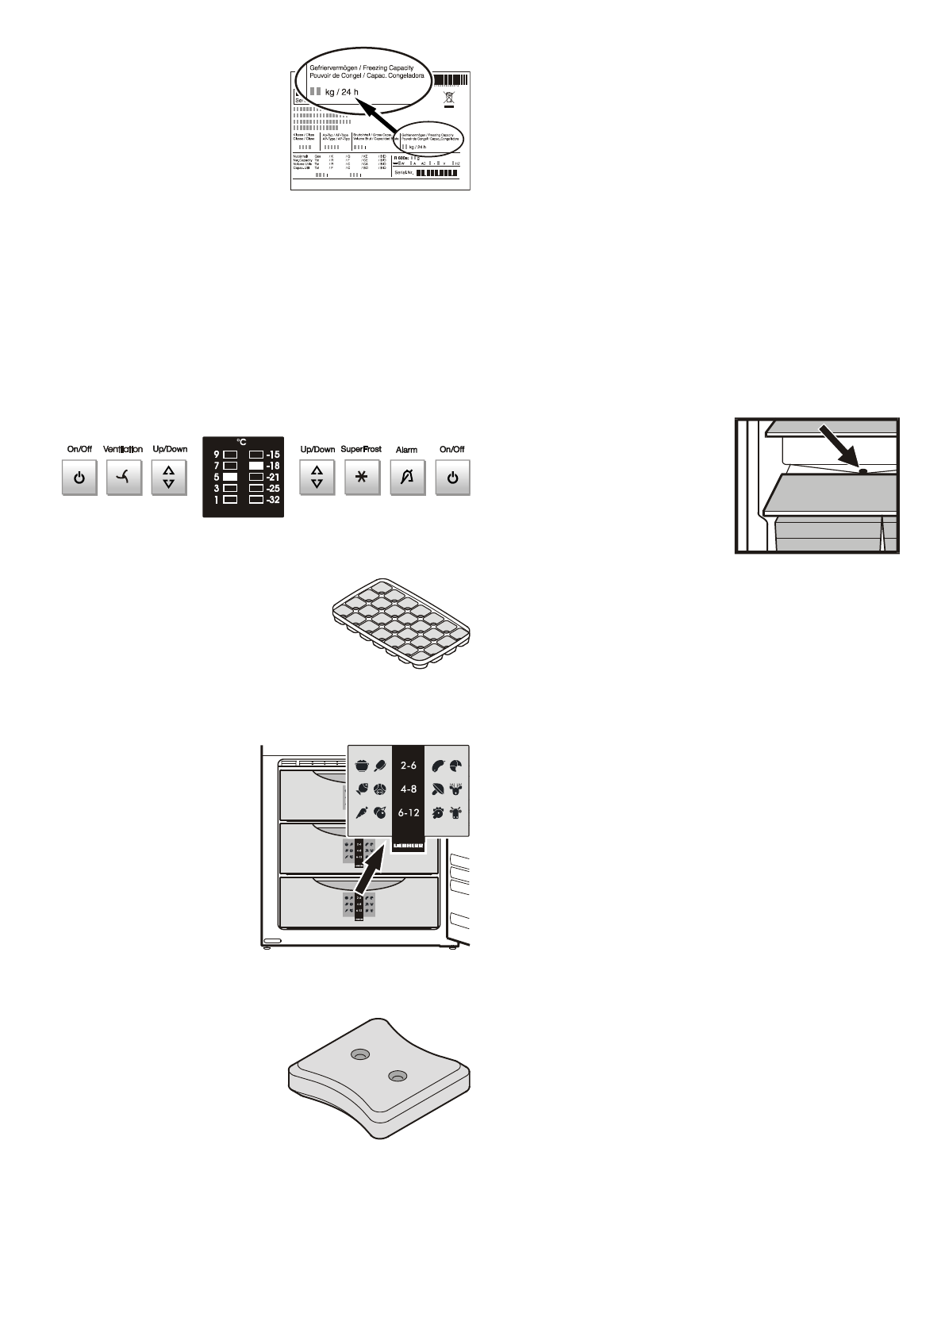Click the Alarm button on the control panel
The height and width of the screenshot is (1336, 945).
[x=407, y=478]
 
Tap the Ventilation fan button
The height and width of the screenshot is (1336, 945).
[x=124, y=478]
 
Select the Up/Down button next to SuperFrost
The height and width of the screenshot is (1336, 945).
[x=317, y=478]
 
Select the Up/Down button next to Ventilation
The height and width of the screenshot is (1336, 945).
[x=169, y=478]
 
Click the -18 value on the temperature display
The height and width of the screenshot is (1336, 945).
[x=273, y=466]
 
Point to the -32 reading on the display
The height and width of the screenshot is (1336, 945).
[x=273, y=501]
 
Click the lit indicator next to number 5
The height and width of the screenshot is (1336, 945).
[x=230, y=478]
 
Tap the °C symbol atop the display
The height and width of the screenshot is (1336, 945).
[x=242, y=443]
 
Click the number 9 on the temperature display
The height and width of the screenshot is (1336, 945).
[x=217, y=455]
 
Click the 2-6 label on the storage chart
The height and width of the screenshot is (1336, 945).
[x=409, y=766]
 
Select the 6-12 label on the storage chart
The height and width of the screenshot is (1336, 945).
[x=409, y=812]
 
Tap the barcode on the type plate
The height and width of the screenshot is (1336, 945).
[x=451, y=80]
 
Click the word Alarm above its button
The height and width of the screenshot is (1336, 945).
[x=406, y=450]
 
